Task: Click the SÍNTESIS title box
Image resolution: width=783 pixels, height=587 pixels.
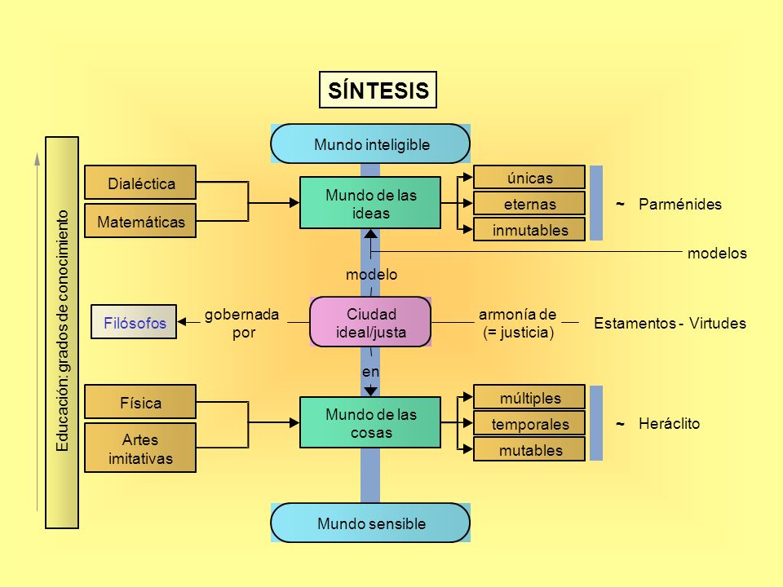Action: [378, 90]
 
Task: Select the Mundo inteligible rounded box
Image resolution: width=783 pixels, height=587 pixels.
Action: [370, 143]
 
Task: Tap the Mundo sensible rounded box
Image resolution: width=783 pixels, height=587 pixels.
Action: [370, 523]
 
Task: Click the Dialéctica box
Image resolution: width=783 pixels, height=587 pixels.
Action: [140, 183]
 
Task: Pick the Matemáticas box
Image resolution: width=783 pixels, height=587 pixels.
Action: [140, 221]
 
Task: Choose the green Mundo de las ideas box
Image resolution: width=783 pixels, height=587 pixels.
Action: [370, 203]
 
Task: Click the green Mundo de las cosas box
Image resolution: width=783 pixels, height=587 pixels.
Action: [370, 422]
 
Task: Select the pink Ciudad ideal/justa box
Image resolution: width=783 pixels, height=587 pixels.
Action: [370, 322]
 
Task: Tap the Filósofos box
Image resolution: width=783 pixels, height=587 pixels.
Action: [134, 322]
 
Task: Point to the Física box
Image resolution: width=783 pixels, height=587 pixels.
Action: [140, 402]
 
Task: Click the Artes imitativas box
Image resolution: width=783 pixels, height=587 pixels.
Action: [140, 448]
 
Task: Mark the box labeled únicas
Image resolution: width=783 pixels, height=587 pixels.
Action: [529, 177]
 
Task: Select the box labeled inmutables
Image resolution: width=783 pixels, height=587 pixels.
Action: [529, 229]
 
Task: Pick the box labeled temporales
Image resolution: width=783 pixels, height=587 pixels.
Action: [529, 423]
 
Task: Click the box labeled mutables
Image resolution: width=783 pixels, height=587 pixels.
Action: [529, 449]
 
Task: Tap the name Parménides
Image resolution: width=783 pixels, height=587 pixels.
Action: [680, 204]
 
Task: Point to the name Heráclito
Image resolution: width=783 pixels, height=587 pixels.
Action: [669, 423]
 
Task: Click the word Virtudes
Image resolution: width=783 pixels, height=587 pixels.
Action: [718, 323]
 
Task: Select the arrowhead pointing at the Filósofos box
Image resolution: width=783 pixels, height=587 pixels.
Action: [182, 322]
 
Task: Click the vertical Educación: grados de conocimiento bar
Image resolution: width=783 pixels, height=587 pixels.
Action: [62, 333]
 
